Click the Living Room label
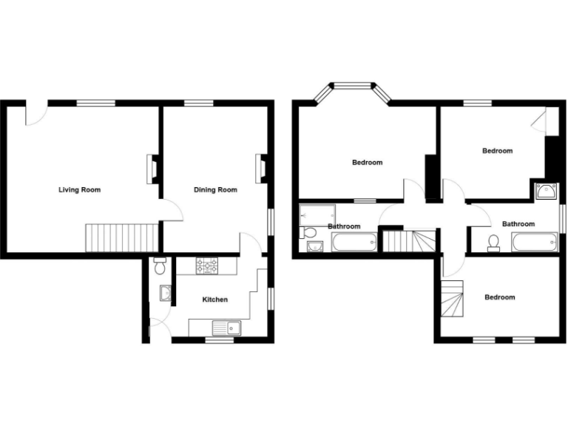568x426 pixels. coord(79,190)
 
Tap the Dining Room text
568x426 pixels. coord(215,190)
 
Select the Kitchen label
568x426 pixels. coord(215,300)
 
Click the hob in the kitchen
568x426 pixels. coord(206,266)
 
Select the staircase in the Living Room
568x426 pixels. coord(122,237)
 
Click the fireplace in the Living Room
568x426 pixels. coord(152,169)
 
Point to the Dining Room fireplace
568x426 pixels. coord(261,169)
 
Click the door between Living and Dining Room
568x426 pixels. coord(172,211)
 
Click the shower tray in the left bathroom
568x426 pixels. coord(317,214)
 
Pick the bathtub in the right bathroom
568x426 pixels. coord(534,242)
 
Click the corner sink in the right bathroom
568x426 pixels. coord(547,191)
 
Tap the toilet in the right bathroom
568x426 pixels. coord(493,242)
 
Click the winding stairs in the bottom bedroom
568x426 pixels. coord(453,300)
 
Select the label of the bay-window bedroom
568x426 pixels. coord(367,163)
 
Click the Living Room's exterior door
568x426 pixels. coord(34,115)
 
